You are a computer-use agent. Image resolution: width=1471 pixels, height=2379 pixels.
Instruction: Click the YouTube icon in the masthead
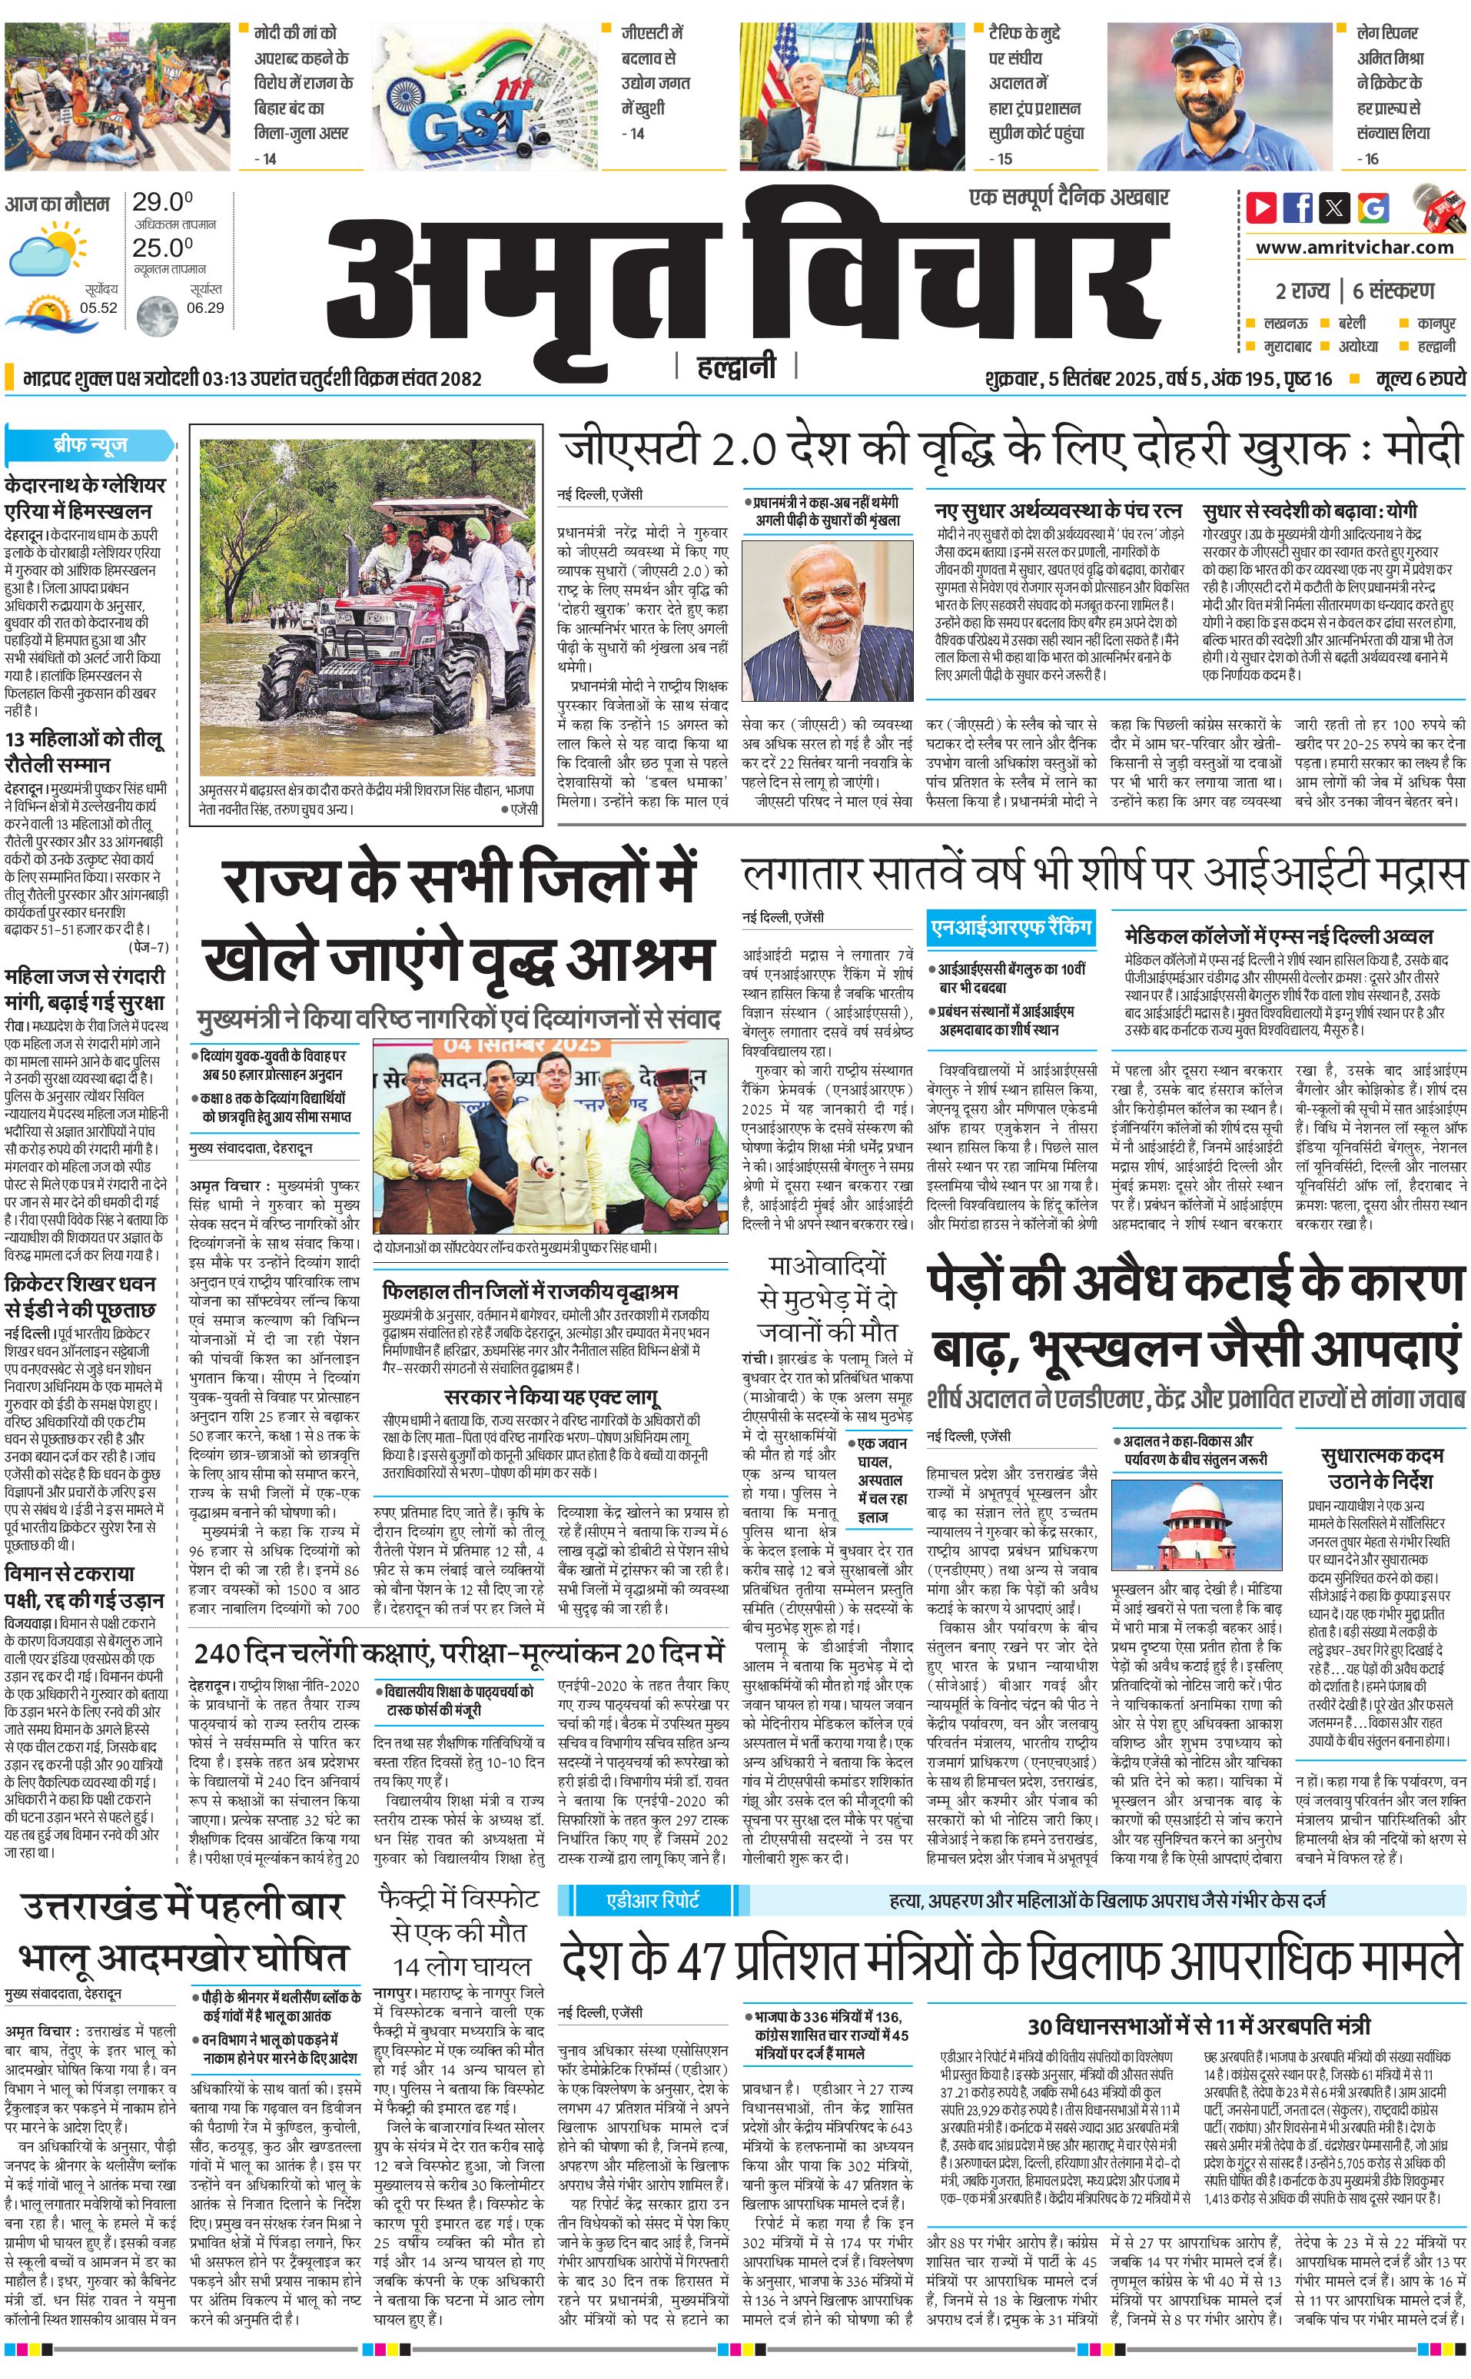(1261, 208)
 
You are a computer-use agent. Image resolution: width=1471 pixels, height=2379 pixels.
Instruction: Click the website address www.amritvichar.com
(1354, 248)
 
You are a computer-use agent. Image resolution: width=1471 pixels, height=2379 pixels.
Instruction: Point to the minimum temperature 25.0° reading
(162, 248)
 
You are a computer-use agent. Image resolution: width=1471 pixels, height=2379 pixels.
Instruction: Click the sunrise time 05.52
(98, 307)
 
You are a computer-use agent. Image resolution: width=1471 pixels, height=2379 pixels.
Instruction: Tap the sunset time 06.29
(205, 307)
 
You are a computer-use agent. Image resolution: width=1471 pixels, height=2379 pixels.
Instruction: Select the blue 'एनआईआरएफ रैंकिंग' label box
(1011, 929)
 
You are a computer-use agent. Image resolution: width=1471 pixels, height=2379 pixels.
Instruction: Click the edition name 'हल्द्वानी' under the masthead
(736, 367)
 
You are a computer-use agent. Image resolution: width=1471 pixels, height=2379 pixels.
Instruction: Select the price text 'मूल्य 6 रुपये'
(1420, 378)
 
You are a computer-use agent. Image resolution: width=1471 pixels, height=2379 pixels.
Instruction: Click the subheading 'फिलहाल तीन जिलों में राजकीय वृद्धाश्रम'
(530, 1291)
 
